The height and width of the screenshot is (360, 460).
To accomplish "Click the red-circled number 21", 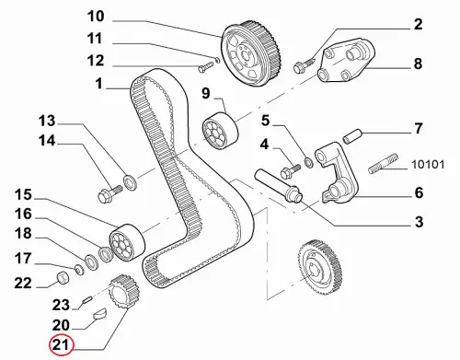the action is click(62, 345).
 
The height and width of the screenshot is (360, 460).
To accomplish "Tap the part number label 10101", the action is click(428, 165).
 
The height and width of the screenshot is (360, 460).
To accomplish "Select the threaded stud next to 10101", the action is click(383, 164).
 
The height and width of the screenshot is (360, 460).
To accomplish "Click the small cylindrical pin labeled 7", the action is click(352, 136).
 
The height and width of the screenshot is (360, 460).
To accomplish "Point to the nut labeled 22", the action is click(63, 278).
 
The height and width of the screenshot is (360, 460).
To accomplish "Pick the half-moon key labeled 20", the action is click(100, 314).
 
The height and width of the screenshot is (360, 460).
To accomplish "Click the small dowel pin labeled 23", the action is click(87, 298).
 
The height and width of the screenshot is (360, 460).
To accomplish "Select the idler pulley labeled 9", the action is click(220, 132).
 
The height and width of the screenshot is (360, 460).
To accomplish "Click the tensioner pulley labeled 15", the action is click(127, 243).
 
